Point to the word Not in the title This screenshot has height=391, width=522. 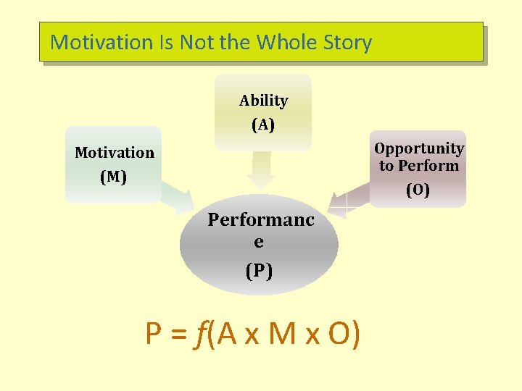196,42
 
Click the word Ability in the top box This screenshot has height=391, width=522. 263,101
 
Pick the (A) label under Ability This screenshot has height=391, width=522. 263,125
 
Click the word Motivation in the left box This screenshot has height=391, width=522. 115,153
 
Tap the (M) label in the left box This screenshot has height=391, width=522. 113,177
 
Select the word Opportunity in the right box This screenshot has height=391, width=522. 419,148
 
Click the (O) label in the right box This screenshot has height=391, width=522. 418,190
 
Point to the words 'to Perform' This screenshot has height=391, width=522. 419,166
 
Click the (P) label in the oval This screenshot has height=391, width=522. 259,271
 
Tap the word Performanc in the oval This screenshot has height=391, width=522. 261,219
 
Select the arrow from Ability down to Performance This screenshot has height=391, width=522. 261,171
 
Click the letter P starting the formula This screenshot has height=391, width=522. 154,335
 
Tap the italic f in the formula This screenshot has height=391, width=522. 199,335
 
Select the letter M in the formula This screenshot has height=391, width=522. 281,335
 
